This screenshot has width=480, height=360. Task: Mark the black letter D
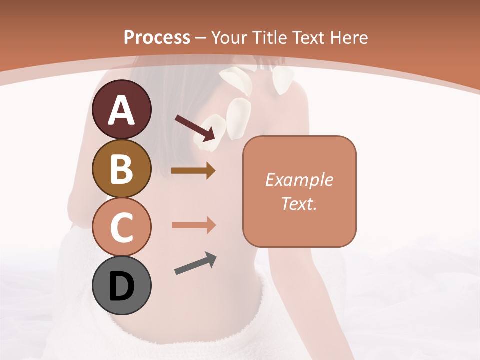(122, 286)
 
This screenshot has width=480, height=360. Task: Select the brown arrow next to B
(193, 171)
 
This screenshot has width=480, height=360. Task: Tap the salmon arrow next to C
(193, 225)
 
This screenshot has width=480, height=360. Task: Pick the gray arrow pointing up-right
(195, 264)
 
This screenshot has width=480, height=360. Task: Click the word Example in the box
(299, 180)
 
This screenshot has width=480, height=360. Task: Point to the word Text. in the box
(299, 203)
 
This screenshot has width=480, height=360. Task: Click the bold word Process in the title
(157, 37)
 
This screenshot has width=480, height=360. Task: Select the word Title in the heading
(269, 37)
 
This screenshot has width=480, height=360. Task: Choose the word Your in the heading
(229, 37)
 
